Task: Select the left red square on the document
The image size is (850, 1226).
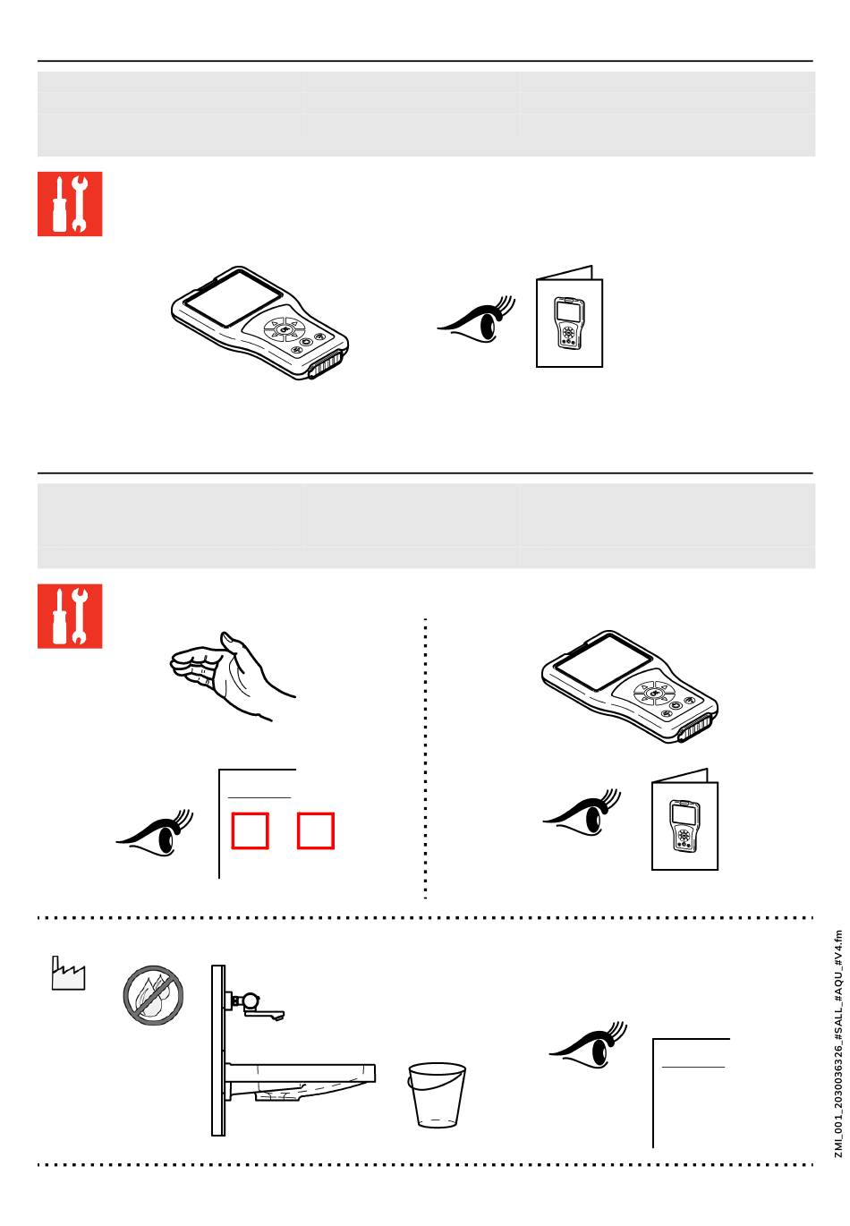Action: click(250, 830)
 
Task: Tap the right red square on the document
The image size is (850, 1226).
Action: click(316, 830)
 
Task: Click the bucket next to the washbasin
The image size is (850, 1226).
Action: click(438, 1094)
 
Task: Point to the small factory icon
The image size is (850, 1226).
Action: click(68, 974)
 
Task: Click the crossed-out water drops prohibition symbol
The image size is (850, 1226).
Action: click(154, 994)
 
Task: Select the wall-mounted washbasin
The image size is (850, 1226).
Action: click(304, 1074)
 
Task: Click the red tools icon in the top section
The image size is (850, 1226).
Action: click(70, 204)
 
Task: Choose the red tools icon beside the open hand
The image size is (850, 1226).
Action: click(70, 616)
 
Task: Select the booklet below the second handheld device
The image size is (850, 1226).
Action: click(684, 820)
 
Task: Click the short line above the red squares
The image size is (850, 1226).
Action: click(259, 796)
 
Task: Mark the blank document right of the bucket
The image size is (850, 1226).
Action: click(692, 1092)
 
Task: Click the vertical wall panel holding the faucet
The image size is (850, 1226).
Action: click(217, 1050)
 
